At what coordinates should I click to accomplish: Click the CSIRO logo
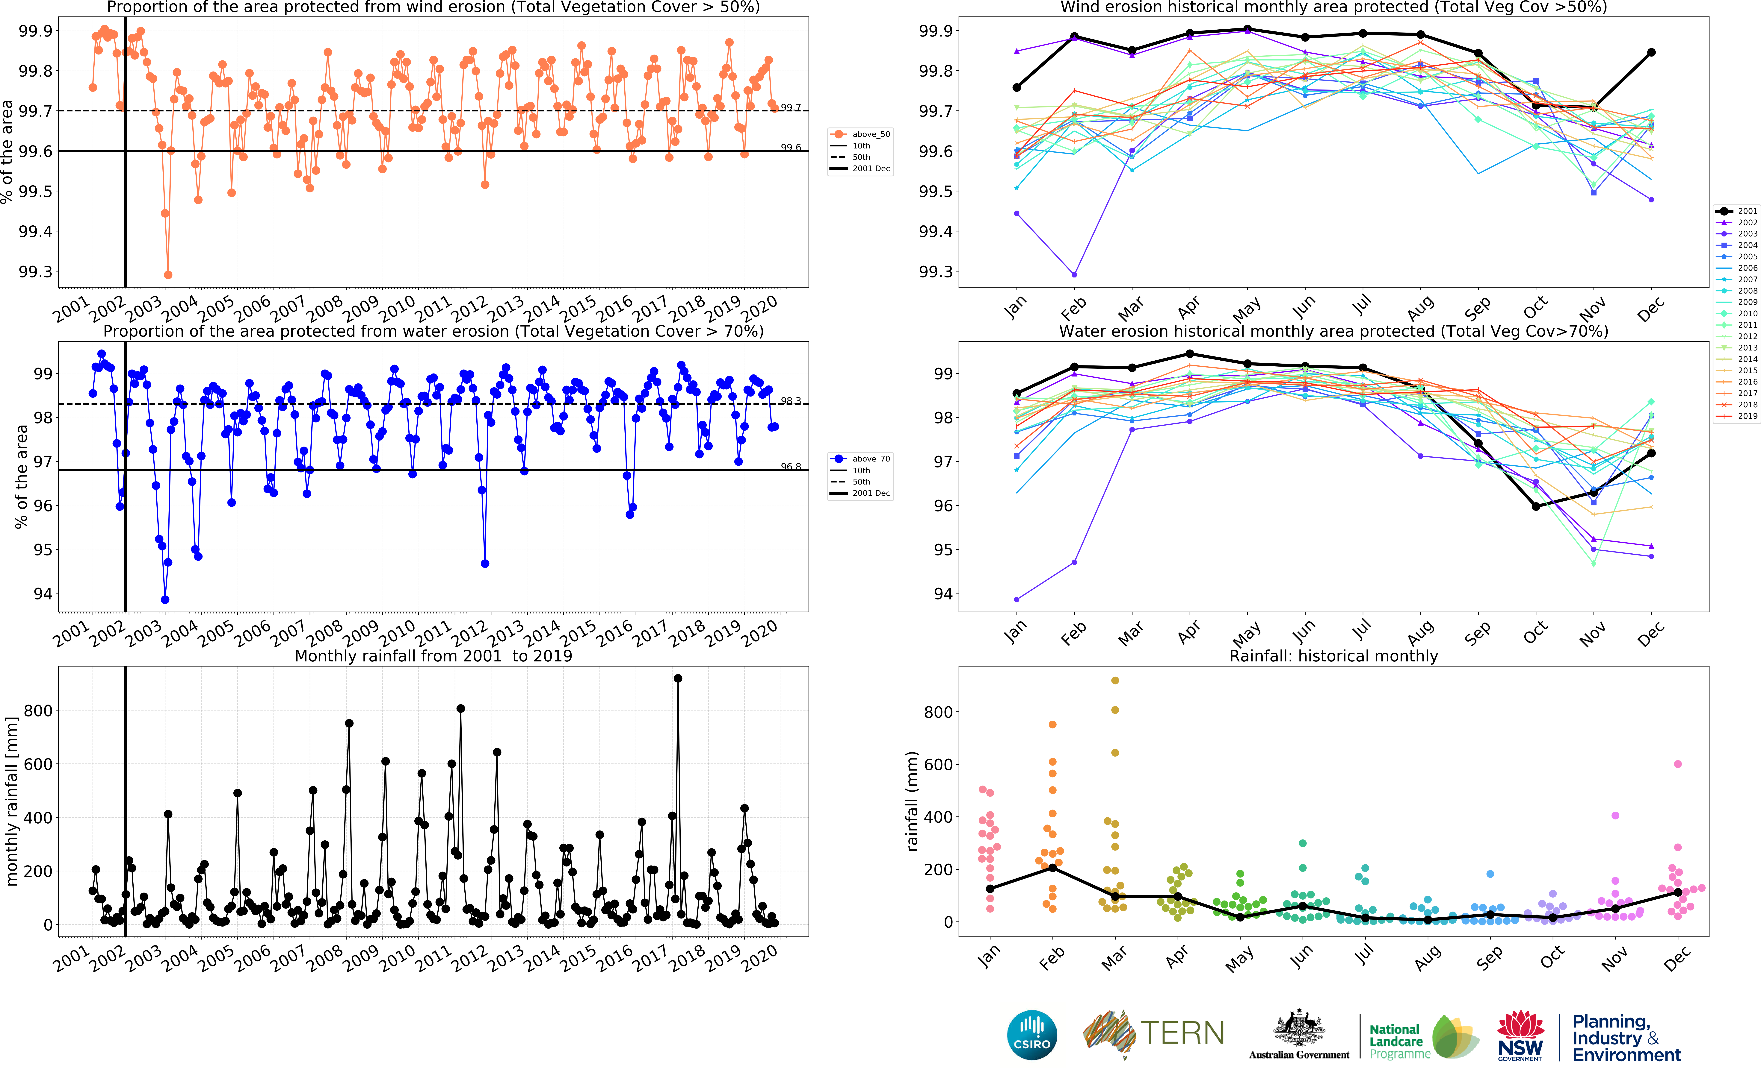(x=1031, y=1035)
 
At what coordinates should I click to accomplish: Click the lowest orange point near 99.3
(x=168, y=274)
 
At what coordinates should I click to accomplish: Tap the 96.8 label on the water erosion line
(x=790, y=467)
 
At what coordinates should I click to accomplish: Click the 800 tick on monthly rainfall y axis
(x=38, y=711)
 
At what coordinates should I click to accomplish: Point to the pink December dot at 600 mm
(x=1678, y=764)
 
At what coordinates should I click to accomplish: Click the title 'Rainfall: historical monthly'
(x=1333, y=656)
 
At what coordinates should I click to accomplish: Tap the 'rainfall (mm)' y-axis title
(x=912, y=801)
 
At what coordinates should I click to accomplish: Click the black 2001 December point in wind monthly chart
(x=1652, y=52)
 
